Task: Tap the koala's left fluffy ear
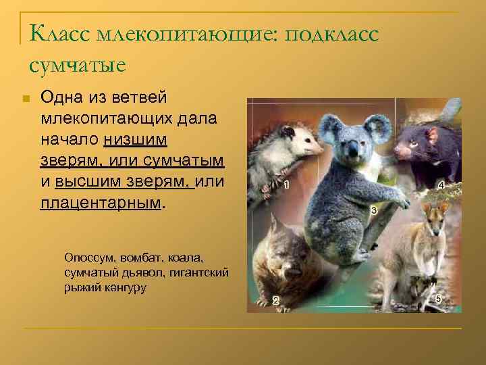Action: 329,128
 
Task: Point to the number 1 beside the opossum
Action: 288,185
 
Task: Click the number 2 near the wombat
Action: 275,301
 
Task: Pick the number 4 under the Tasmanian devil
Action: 441,185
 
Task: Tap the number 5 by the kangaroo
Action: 438,299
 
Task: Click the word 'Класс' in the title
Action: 61,33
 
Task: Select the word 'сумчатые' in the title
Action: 77,66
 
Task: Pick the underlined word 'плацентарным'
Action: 101,203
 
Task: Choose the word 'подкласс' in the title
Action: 333,33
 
